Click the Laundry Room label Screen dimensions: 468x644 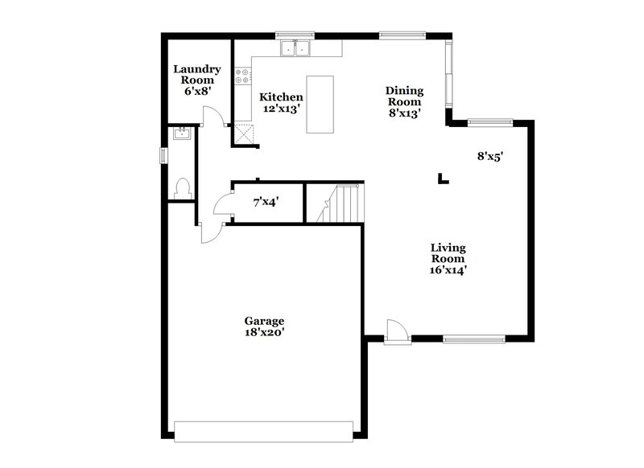(x=196, y=80)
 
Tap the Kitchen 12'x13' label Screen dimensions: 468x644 (x=281, y=102)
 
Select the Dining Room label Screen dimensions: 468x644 (x=404, y=102)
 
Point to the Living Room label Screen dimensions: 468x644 (x=448, y=259)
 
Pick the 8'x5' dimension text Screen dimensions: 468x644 (x=489, y=158)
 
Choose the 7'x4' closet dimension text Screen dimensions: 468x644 (x=266, y=203)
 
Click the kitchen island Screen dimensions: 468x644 (x=321, y=105)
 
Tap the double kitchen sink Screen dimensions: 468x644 (x=296, y=50)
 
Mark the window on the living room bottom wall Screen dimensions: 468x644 (x=475, y=339)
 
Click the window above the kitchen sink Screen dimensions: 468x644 (x=295, y=35)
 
